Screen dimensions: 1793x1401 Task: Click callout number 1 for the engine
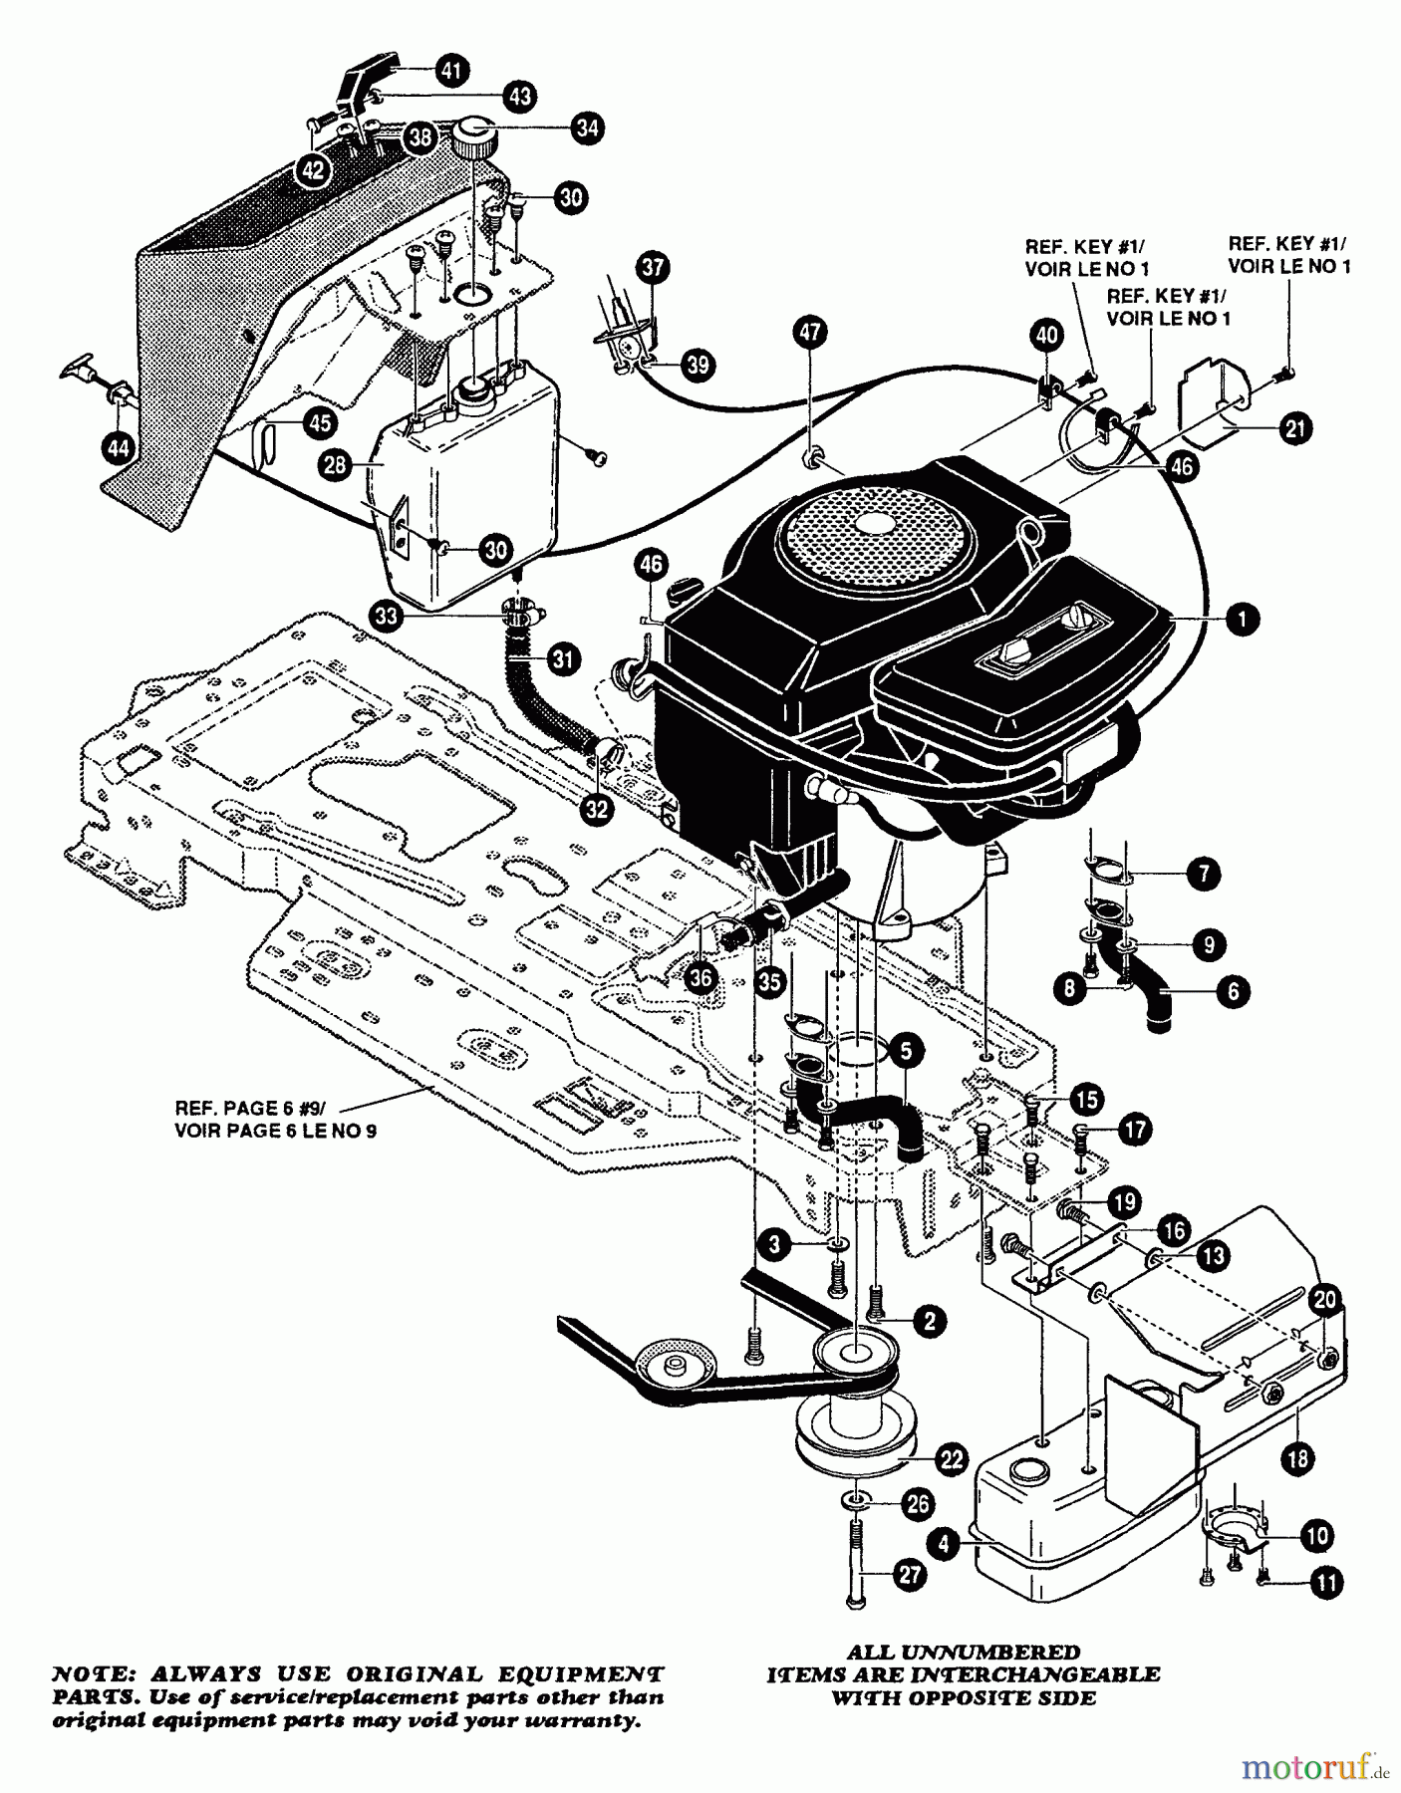(1242, 620)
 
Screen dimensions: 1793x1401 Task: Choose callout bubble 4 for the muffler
(943, 1543)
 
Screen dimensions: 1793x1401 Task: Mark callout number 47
(809, 332)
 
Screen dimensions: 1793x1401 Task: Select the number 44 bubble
(117, 449)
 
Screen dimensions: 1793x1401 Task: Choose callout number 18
(1297, 1459)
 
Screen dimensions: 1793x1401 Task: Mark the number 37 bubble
(655, 267)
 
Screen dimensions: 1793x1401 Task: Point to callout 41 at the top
(451, 70)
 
